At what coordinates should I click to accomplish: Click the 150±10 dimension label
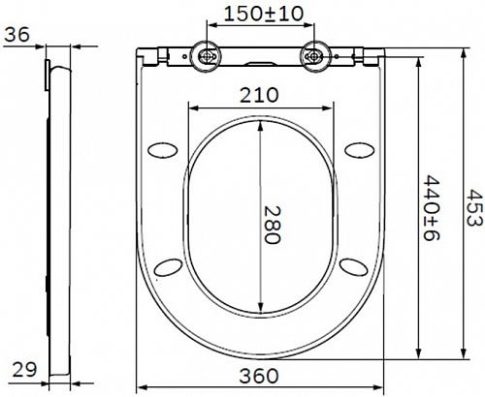(264, 14)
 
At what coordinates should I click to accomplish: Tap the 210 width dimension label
(259, 95)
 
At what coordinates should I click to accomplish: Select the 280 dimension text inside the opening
(273, 225)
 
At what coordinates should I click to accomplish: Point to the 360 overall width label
(259, 376)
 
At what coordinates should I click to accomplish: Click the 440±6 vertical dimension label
(432, 208)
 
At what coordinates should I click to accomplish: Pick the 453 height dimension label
(475, 208)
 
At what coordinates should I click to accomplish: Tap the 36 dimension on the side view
(16, 34)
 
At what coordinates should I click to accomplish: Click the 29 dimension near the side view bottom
(24, 370)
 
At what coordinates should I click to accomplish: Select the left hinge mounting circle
(207, 56)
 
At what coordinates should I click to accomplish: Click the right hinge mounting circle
(313, 56)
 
